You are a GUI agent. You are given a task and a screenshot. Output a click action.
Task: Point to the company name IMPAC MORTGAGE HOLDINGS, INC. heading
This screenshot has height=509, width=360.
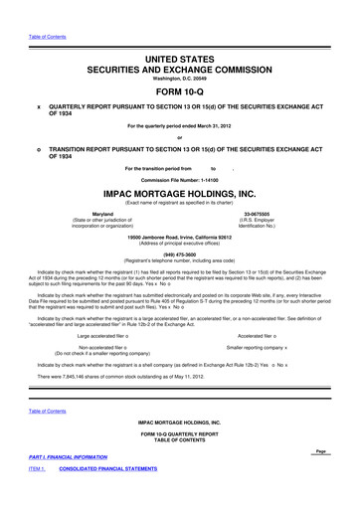(x=180, y=194)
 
